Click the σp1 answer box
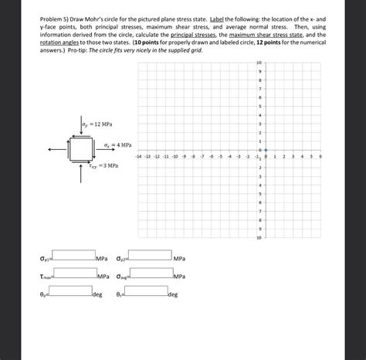(x=74, y=256)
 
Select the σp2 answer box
(x=149, y=256)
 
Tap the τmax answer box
(x=74, y=274)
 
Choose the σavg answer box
(x=150, y=274)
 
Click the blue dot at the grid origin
(x=266, y=151)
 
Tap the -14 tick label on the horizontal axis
(x=137, y=155)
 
